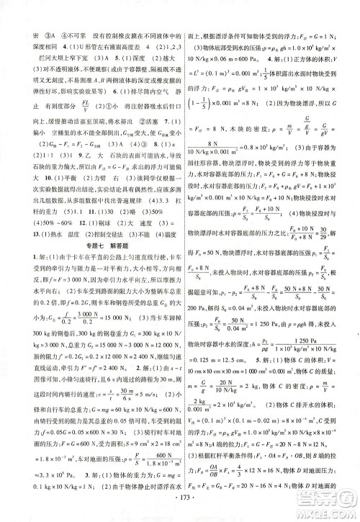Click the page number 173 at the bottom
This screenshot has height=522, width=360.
pos(181,498)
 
